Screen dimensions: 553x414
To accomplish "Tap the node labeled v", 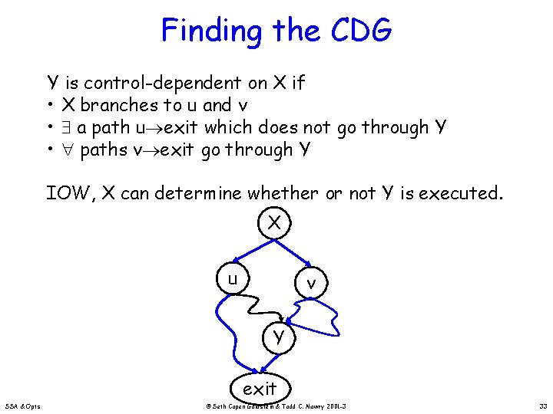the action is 311,283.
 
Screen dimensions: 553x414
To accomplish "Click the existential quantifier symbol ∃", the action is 68,127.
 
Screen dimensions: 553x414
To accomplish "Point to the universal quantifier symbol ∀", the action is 68,149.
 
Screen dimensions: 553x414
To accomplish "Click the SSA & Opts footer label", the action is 26,406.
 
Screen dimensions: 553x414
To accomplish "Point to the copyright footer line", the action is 281,406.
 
